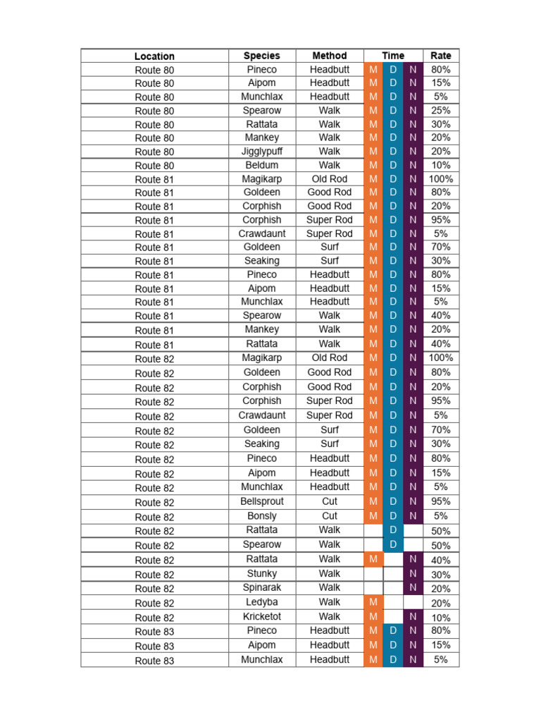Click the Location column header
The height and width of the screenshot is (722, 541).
point(154,56)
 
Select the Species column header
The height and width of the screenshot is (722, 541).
point(261,56)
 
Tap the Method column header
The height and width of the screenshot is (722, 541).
point(330,56)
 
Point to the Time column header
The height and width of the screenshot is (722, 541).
point(393,56)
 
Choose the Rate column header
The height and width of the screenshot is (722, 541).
point(441,56)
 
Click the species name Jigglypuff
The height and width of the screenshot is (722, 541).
point(261,152)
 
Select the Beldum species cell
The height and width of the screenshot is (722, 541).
point(261,165)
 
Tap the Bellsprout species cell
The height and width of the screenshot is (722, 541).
point(261,501)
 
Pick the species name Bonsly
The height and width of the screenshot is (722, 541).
point(261,516)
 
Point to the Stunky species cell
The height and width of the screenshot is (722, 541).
point(261,574)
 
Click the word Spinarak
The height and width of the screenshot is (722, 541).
point(261,587)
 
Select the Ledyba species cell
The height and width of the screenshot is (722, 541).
point(261,602)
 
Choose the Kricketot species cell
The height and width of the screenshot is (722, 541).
point(261,616)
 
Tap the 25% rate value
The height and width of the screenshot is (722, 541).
point(441,111)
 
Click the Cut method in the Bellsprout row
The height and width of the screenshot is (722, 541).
point(330,501)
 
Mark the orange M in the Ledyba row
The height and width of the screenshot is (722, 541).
point(373,602)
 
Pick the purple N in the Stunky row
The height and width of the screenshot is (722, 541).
point(413,574)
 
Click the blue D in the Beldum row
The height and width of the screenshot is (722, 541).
point(393,165)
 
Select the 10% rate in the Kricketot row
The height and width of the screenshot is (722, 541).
point(441,618)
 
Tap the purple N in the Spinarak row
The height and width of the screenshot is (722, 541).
point(413,587)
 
